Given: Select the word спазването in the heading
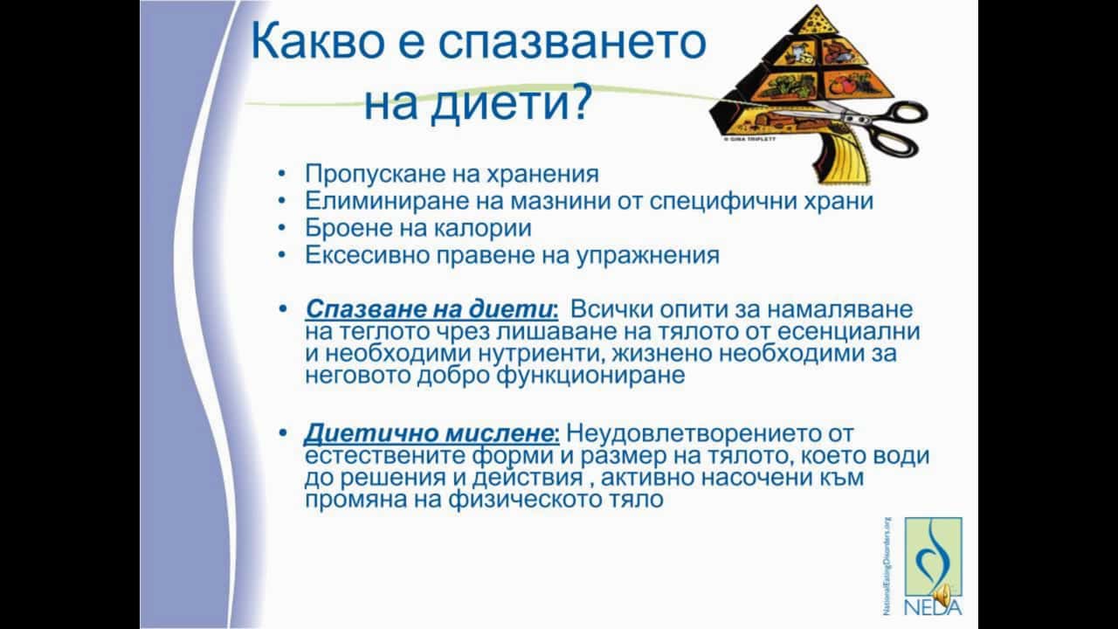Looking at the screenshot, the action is tap(572, 43).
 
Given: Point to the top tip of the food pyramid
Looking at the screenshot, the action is tap(817, 6).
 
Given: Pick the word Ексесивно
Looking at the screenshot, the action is tap(367, 255).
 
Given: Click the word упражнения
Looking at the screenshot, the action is tap(648, 256).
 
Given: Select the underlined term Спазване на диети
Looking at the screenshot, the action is tap(431, 309).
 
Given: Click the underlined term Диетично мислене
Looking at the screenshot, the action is tap(431, 432).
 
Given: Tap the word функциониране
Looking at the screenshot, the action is tap(590, 376).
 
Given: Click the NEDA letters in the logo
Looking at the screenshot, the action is tap(932, 607).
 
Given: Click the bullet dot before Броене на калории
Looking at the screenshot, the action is tap(282, 228).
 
